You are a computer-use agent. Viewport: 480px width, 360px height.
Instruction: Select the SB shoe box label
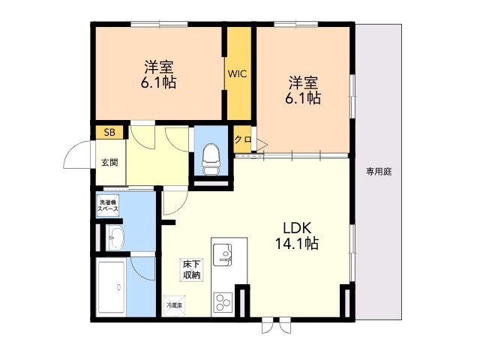(109, 133)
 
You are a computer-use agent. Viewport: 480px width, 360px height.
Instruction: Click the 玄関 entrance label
(109, 162)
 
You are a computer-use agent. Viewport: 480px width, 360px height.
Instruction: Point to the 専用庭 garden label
(379, 171)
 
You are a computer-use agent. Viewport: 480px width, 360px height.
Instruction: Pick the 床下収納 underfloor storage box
(191, 269)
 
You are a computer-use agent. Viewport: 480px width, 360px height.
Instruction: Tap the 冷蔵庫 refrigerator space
(174, 306)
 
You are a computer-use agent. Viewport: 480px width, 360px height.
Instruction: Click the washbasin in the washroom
(116, 240)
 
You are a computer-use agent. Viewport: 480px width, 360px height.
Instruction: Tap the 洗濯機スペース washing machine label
(108, 205)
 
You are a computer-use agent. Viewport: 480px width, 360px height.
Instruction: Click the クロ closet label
(242, 140)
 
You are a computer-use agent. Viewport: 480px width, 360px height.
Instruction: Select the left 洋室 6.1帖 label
(157, 73)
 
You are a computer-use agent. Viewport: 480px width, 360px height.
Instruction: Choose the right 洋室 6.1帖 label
(303, 89)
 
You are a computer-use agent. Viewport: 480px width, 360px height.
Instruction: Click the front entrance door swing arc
(76, 154)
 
